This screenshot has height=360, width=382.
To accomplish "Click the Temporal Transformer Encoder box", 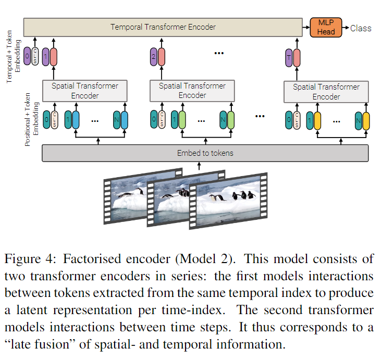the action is [163, 27].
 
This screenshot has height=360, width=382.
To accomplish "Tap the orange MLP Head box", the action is [326, 27].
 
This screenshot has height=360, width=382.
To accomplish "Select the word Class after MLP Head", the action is [361, 28].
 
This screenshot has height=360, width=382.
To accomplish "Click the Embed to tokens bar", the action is [205, 153].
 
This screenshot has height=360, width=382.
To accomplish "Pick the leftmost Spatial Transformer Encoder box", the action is [85, 91].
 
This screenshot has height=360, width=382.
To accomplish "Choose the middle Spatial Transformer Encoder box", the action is [192, 91].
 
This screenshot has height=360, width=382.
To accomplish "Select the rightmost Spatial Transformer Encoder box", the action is [326, 92].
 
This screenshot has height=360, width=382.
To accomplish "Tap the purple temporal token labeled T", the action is [289, 58].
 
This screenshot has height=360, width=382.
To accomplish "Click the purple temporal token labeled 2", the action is [154, 57].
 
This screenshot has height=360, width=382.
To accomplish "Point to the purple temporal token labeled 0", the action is [27, 56].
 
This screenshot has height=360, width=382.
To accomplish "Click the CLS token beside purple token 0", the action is [35, 56].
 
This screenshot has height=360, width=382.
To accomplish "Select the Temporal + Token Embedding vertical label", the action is [13, 56].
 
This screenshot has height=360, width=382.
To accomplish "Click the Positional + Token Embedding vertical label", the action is [32, 119].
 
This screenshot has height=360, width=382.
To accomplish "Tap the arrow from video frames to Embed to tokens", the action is [199, 166].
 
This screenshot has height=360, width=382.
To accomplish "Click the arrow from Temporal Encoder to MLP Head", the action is [306, 27].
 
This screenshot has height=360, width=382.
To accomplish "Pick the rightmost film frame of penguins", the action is [228, 201].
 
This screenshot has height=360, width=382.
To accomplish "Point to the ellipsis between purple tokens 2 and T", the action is [219, 53].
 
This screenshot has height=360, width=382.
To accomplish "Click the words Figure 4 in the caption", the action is [30, 259].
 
